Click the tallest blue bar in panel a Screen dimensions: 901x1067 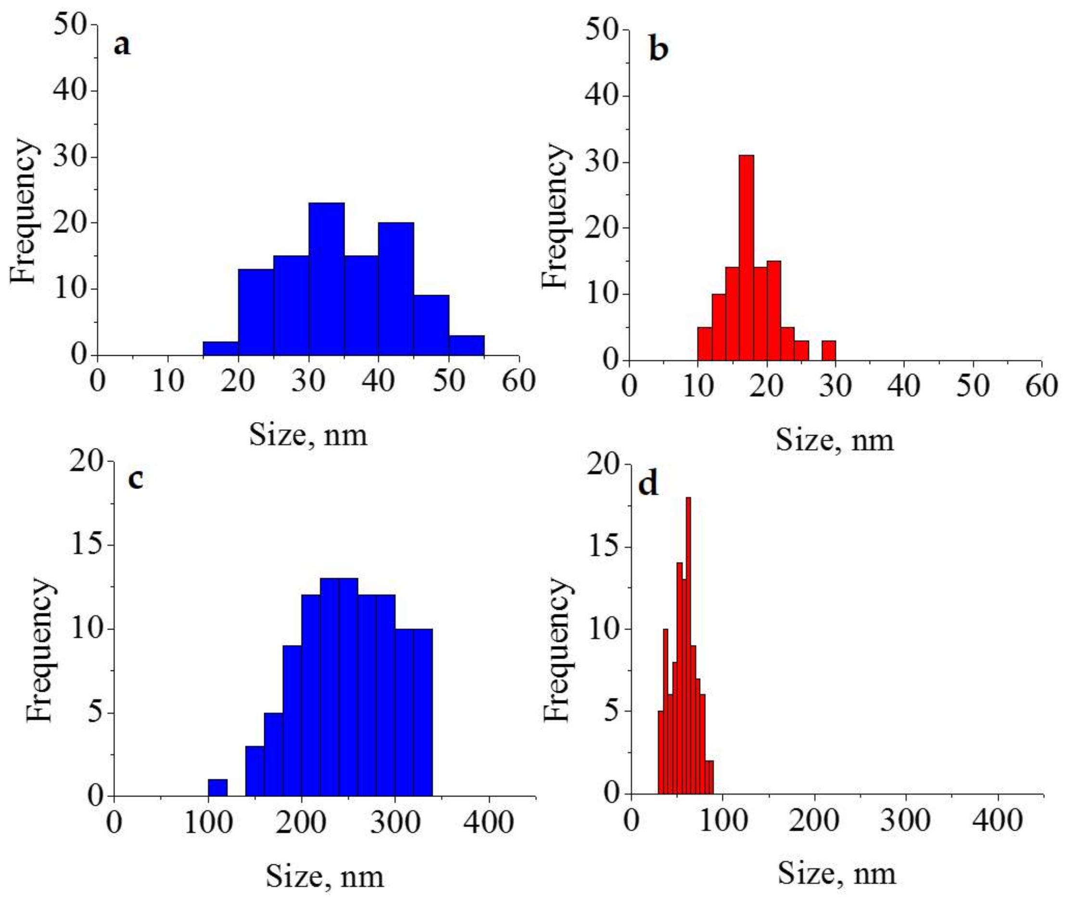326,278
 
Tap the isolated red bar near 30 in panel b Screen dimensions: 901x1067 828,350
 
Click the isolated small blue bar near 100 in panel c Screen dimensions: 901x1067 218,787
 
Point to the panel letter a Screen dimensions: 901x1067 122,46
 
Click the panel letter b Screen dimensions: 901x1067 658,50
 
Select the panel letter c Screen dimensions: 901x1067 135,479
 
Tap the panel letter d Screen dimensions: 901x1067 649,484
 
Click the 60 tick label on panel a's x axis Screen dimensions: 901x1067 518,381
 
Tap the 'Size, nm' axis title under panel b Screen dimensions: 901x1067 835,440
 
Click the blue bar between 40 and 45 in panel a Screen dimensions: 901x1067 396,289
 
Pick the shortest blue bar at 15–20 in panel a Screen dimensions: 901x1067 220,348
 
